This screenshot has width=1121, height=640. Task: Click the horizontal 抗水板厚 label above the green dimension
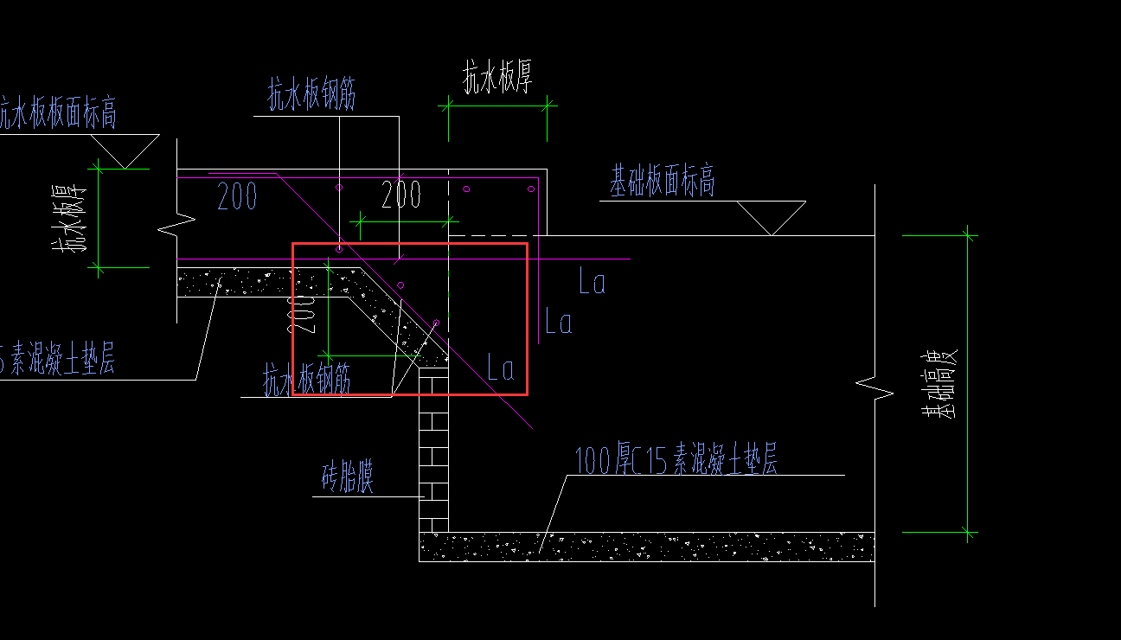(497, 78)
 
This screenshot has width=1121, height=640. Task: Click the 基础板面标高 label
(663, 182)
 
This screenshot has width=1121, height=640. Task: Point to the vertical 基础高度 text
(939, 385)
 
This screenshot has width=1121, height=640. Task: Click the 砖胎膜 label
(348, 477)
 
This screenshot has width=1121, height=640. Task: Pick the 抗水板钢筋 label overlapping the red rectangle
(307, 379)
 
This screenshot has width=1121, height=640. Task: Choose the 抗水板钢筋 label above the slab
(311, 96)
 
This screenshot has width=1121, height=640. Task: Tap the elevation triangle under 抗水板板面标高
(126, 150)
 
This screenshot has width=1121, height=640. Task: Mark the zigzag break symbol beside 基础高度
(874, 389)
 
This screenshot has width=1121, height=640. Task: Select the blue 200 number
(237, 197)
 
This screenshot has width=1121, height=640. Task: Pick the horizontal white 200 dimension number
(401, 195)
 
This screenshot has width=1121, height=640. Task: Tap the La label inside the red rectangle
(502, 368)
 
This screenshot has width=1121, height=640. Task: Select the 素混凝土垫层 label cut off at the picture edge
(57, 360)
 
